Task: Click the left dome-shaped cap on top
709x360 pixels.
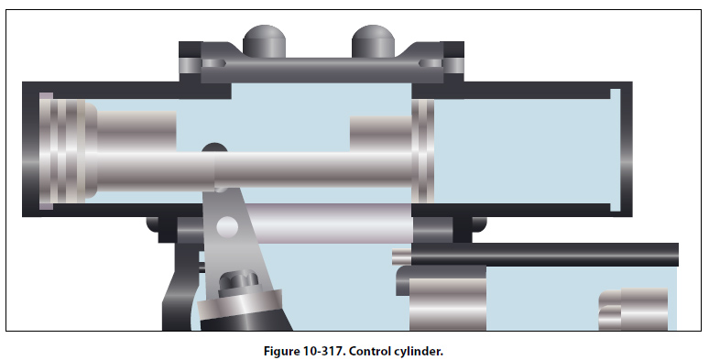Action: pos(264,41)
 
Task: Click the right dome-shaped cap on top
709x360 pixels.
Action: pos(373,41)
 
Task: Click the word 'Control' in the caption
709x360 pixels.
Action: pos(374,351)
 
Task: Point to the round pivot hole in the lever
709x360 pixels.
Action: pos(227,226)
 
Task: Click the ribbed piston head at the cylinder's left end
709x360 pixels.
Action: pos(68,150)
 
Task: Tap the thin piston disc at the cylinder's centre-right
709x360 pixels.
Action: pos(423,150)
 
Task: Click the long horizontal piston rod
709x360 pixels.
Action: pos(254,170)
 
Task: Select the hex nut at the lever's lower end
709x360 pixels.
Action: pos(239,283)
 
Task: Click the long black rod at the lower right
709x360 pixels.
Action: pos(544,254)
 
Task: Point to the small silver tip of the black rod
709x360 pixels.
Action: pos(401,256)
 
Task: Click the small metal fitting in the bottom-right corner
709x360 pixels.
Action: pos(633,310)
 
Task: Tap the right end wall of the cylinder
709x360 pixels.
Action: pos(627,149)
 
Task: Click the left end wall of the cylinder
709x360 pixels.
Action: pos(31,149)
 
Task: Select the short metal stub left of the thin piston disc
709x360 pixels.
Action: pos(381,134)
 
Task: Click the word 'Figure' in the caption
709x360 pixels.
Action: pos(281,351)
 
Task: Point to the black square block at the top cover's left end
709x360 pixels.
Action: pos(191,49)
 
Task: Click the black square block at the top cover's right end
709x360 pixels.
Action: pos(453,49)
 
